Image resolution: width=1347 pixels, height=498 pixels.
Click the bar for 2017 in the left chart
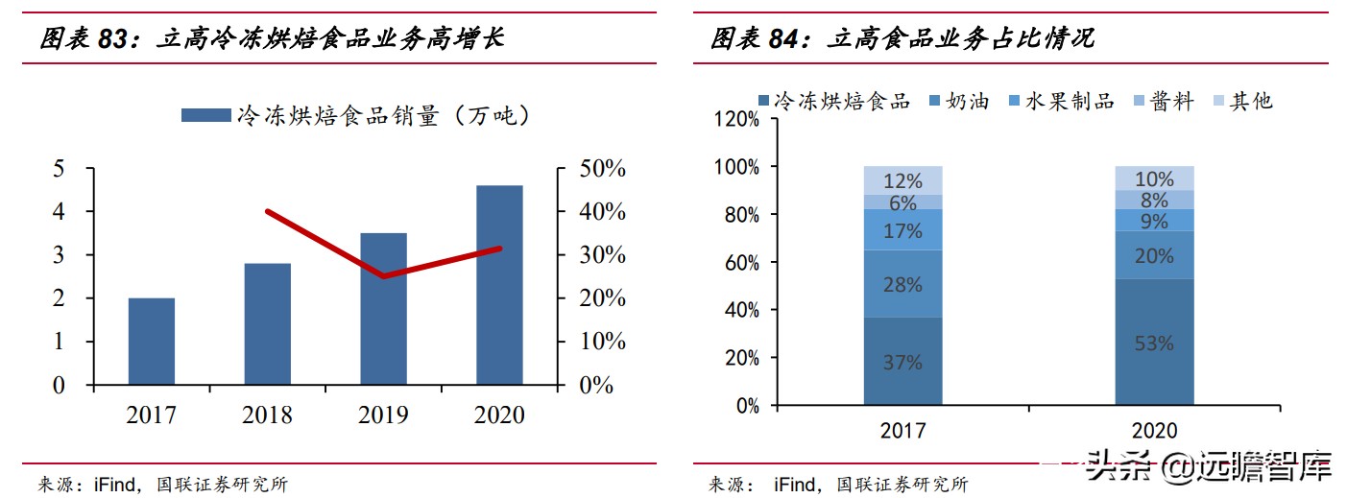152,342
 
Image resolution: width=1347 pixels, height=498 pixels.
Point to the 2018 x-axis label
267,415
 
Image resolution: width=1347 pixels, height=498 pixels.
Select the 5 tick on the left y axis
59,169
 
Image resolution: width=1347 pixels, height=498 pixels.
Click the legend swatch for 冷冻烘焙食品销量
205,116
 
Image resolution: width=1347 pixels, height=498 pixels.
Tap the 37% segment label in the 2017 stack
902,363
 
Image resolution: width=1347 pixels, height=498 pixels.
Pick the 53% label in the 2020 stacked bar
1153,343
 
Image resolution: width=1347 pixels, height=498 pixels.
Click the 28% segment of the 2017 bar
902,285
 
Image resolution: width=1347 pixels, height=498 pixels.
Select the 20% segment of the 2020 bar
1153,256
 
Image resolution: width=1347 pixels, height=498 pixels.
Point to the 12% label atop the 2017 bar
902,180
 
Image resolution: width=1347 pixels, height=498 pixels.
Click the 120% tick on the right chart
734,120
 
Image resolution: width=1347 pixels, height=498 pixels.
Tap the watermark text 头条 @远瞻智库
1208,467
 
